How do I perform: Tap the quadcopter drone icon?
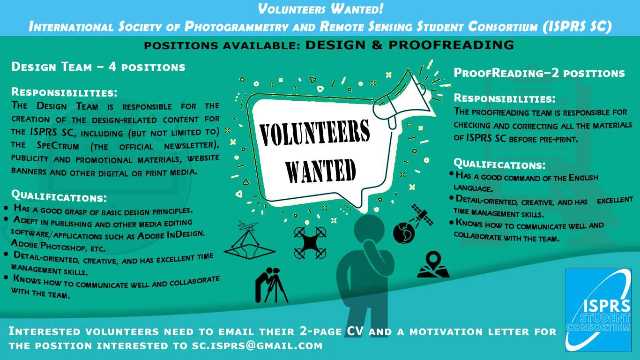310,242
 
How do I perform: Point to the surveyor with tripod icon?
271,285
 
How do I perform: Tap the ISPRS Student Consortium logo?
598,310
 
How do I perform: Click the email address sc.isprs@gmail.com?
257,345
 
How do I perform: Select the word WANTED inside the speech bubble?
320,171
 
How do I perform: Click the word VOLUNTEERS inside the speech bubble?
314,133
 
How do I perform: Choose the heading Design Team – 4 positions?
98,67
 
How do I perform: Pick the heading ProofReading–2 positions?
539,73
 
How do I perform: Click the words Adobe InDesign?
171,235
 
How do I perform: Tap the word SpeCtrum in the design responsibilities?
58,145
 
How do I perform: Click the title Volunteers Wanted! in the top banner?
320,9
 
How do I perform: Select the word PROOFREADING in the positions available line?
452,45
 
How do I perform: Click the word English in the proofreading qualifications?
583,178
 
